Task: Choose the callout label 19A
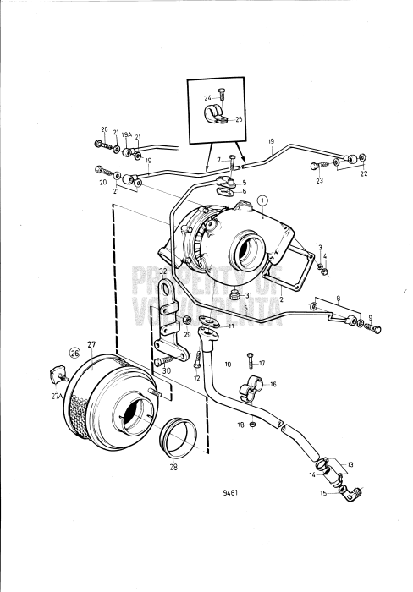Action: point(126,134)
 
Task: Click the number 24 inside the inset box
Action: point(207,98)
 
